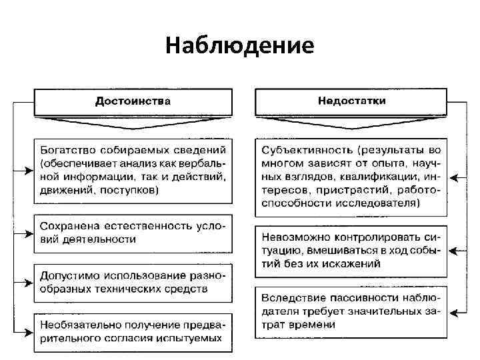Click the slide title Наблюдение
click(240, 45)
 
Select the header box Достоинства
click(133, 101)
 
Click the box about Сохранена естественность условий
click(133, 233)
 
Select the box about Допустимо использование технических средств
click(133, 282)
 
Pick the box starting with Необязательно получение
click(133, 331)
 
